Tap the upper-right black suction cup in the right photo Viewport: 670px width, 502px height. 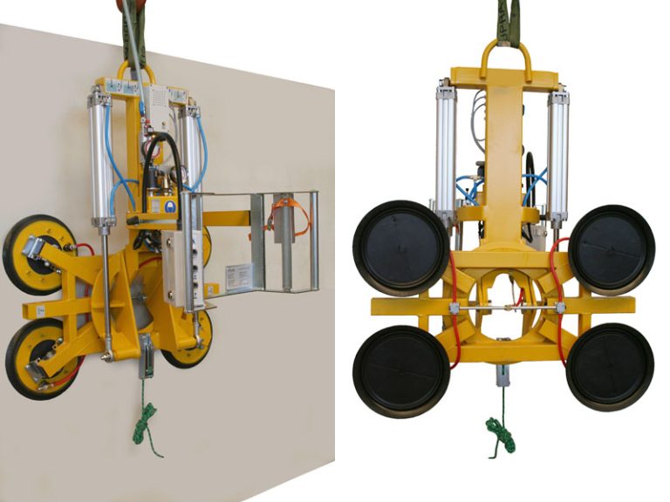tap(611, 248)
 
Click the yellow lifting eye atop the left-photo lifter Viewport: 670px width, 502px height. tap(137, 72)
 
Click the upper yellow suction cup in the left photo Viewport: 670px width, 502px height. tap(39, 253)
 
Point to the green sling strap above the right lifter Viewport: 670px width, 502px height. tap(506, 22)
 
